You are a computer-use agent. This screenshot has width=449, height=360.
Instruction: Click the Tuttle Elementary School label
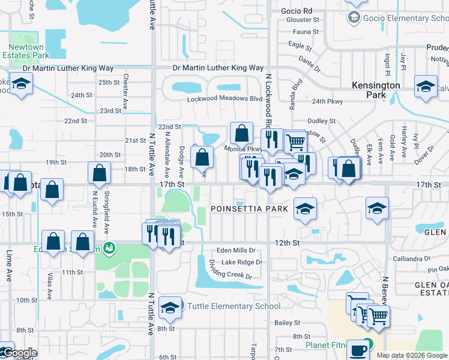(x=234, y=306)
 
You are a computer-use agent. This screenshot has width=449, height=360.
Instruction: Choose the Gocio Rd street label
(x=299, y=11)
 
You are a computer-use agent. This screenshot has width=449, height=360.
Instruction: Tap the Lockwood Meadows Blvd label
(x=225, y=98)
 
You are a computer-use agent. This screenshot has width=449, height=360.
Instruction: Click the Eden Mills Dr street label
(x=237, y=250)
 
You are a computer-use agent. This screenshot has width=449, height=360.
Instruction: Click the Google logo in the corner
(x=19, y=353)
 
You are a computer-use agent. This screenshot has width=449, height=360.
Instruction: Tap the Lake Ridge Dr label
(x=241, y=262)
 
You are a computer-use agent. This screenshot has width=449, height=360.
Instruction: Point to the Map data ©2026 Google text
(x=412, y=355)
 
